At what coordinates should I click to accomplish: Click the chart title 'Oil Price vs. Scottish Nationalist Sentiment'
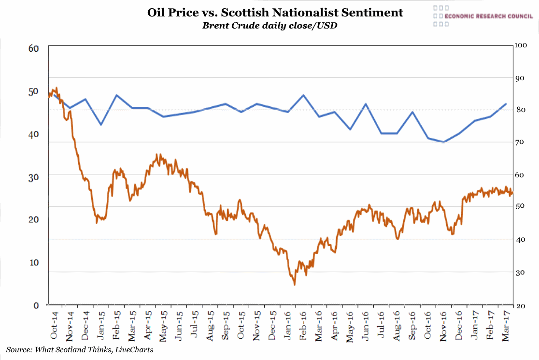[275, 13]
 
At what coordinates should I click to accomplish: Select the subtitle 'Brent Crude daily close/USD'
[269, 26]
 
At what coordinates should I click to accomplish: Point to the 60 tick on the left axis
[33, 48]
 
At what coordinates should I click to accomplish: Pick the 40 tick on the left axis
[33, 134]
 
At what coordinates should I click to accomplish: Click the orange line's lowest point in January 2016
[294, 285]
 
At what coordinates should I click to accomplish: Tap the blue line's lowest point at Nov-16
[443, 142]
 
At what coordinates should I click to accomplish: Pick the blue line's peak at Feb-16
[303, 95]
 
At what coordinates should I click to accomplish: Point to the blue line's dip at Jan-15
[101, 125]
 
